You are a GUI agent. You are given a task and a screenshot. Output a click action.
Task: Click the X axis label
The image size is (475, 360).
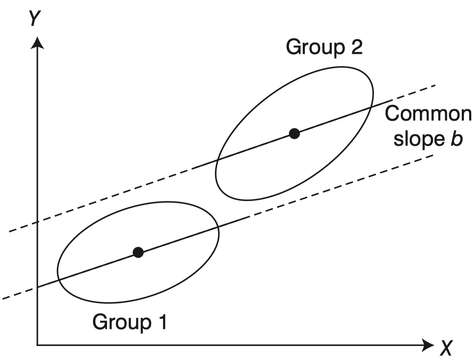(x=445, y=348)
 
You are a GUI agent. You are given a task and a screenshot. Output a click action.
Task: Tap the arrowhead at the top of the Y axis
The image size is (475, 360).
(x=38, y=42)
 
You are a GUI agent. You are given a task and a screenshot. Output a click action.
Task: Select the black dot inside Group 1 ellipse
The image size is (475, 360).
(x=138, y=253)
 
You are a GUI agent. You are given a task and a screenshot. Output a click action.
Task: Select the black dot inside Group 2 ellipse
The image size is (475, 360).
(x=294, y=134)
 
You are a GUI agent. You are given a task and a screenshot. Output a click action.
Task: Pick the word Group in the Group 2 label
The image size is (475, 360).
(x=310, y=47)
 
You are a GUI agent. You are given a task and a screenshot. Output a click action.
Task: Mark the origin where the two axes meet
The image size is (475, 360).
(x=38, y=344)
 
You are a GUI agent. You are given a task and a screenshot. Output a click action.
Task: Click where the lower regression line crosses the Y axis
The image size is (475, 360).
(x=38, y=287)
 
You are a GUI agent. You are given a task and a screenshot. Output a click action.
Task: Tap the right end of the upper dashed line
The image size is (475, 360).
(x=435, y=85)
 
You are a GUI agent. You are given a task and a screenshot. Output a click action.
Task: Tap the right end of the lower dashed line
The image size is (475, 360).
(x=433, y=155)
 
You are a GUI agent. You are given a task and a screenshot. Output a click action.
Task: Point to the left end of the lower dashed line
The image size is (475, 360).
(x=3, y=298)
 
